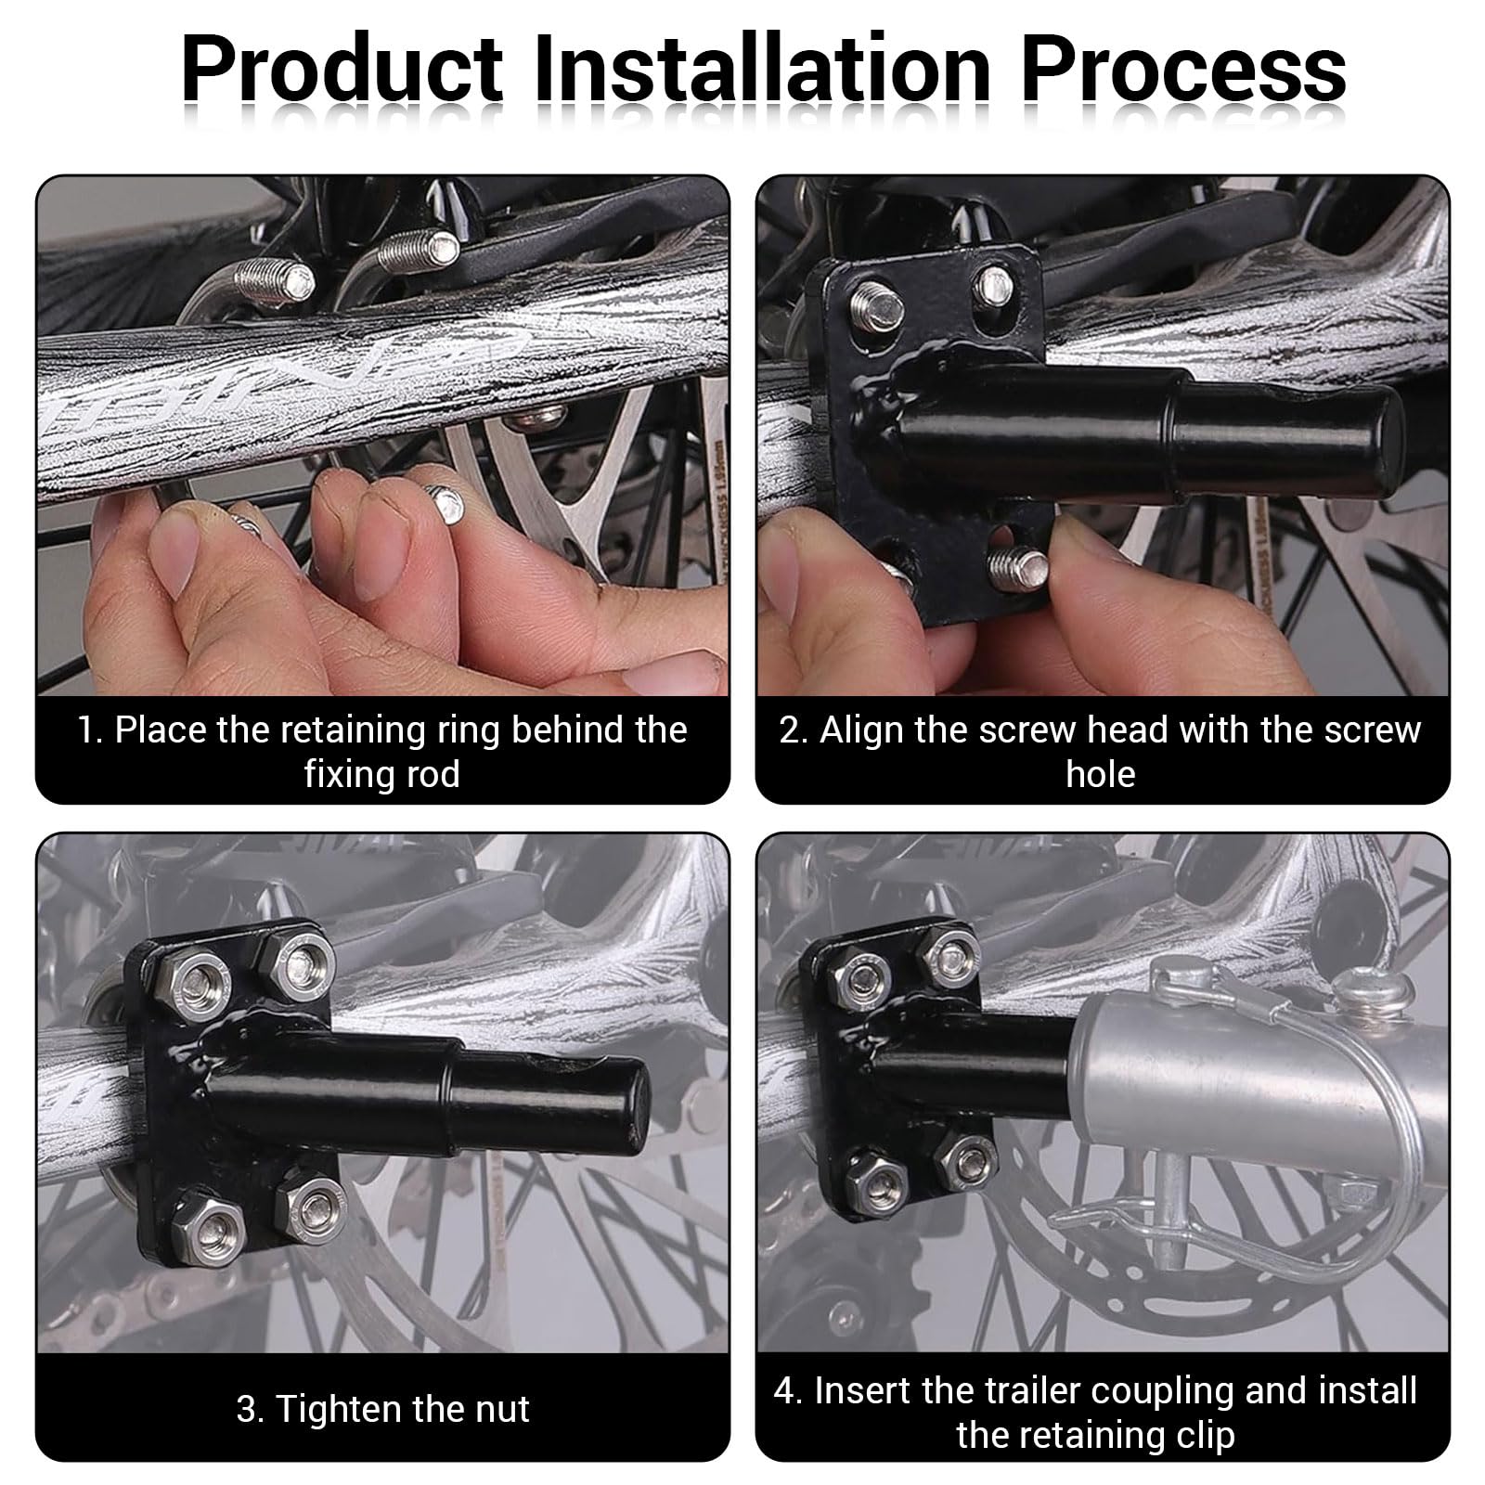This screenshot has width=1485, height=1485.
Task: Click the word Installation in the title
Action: (761, 71)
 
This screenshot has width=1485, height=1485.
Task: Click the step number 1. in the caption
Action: (90, 730)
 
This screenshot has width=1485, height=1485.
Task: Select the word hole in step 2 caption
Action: (1101, 775)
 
